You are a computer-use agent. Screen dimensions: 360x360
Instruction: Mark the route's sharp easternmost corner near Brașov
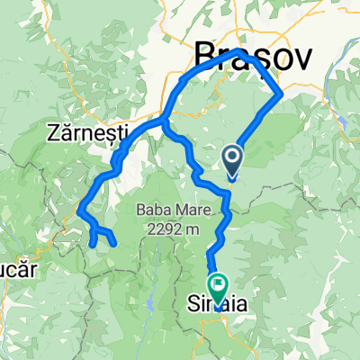[x=281, y=92]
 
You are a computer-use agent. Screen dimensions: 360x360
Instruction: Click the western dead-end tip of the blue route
[x=93, y=243]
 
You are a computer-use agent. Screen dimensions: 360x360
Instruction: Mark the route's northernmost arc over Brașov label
[x=238, y=54]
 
